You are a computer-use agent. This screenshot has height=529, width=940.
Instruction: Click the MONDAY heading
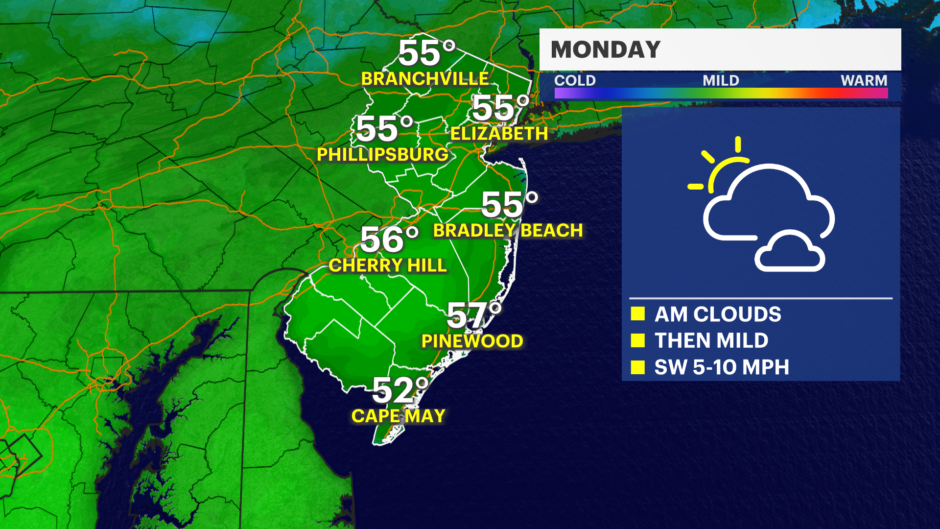click(606, 49)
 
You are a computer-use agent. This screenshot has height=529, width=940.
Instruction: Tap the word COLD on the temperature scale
click(575, 80)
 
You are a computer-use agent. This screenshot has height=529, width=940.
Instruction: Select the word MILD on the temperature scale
click(721, 80)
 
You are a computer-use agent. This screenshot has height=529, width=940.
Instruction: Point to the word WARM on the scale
click(864, 80)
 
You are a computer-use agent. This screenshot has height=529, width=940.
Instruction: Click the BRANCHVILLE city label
click(425, 79)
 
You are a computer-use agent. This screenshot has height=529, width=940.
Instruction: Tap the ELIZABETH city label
click(499, 134)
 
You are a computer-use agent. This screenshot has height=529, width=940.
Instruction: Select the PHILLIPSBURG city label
click(382, 155)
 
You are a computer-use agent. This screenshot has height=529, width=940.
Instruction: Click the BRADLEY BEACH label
click(508, 231)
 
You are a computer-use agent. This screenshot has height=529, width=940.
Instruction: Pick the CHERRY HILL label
click(388, 265)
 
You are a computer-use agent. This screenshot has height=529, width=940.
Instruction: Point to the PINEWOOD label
click(472, 341)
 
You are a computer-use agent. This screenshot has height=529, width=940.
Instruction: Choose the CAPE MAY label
click(399, 416)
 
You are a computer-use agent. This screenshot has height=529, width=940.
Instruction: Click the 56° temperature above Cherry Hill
click(389, 240)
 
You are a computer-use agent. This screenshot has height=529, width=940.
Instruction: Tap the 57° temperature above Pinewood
click(474, 315)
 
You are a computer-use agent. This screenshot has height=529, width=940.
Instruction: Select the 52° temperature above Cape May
click(400, 390)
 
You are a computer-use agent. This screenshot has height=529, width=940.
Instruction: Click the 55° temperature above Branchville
click(426, 53)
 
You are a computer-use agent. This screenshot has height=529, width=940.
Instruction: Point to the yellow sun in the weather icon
click(722, 169)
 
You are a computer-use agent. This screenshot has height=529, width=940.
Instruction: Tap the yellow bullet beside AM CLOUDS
click(637, 314)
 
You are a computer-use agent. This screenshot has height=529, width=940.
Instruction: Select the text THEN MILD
click(711, 341)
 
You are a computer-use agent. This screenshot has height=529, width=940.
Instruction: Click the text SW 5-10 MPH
click(722, 367)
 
